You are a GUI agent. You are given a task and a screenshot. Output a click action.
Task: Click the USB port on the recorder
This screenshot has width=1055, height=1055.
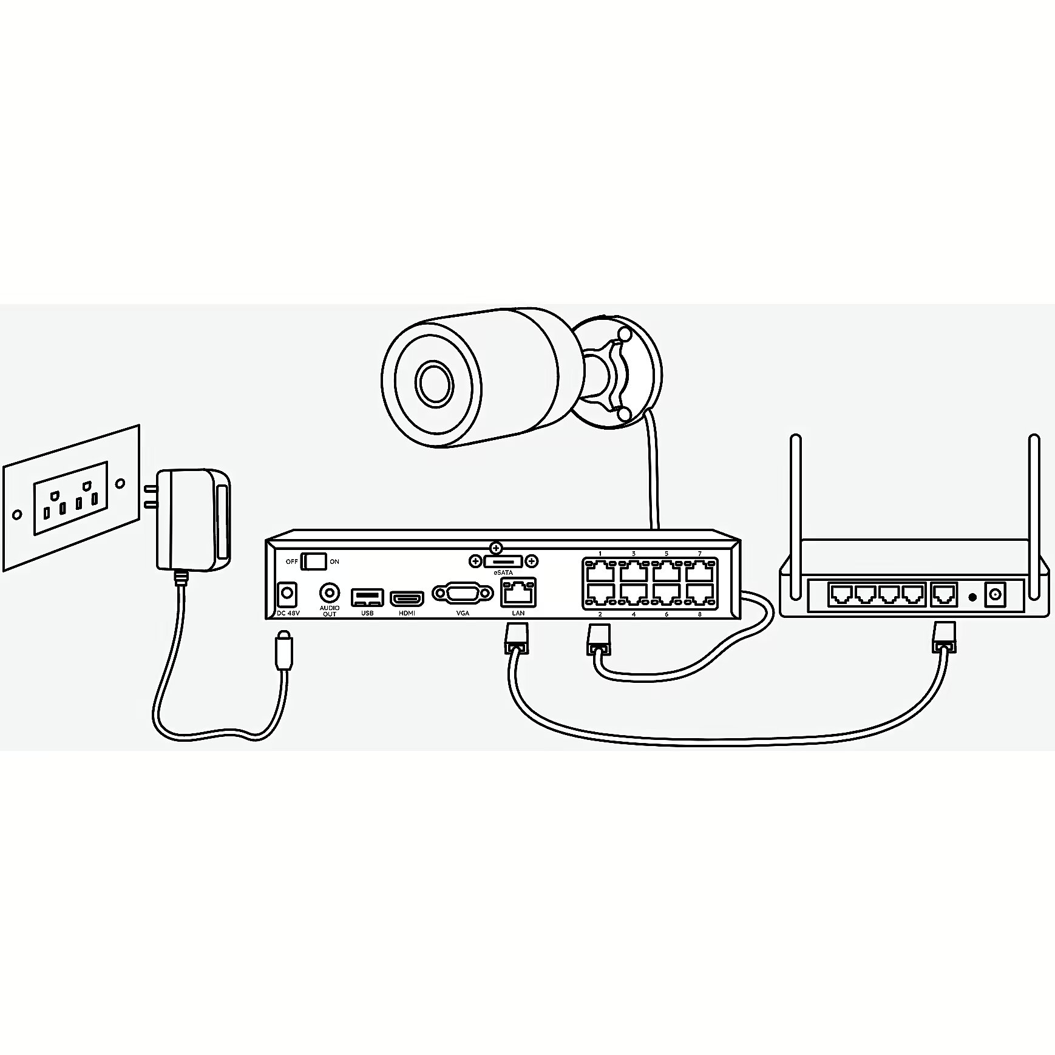click(367, 597)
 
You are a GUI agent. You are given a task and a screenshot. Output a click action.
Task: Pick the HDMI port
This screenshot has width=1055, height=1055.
click(407, 599)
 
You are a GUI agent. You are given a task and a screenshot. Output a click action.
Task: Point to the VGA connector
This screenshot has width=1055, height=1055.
click(463, 593)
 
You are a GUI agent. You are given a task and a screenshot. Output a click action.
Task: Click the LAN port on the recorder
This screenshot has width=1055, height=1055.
click(518, 592)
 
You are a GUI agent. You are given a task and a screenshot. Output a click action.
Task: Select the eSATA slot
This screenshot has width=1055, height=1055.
click(504, 561)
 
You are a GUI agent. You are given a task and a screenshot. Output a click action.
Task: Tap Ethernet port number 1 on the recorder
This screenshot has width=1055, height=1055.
click(600, 571)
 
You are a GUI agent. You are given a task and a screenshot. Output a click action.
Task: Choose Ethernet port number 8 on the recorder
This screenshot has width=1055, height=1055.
click(700, 595)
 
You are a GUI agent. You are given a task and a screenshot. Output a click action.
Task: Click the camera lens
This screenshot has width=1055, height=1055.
click(434, 382)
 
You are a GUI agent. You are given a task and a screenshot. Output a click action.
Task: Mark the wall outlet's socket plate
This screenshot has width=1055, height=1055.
click(71, 498)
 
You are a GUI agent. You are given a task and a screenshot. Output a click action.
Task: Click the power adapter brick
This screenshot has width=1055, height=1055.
click(193, 520)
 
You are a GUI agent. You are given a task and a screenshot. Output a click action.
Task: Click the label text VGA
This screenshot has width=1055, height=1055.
click(463, 614)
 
